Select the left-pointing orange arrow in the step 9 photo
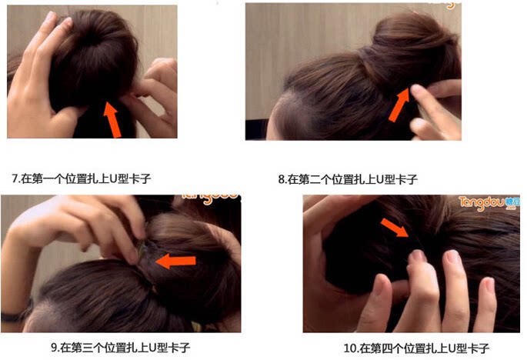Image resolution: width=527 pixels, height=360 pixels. click(175, 262)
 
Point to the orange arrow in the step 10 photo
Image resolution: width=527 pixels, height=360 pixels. click(394, 226)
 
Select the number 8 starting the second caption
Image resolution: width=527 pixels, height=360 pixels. click(281, 179)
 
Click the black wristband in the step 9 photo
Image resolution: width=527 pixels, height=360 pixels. click(13, 314)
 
